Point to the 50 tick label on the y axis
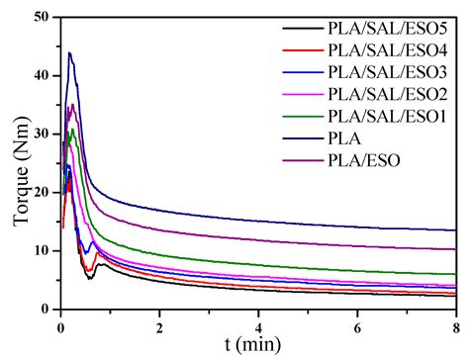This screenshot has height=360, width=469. tap(44, 17)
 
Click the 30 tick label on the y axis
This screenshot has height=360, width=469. tap(44, 134)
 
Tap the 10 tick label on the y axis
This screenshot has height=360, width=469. tap(44, 250)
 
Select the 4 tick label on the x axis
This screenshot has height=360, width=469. tap(258, 324)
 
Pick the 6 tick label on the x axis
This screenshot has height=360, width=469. tap(357, 324)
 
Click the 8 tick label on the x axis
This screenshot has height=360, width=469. tap(455, 324)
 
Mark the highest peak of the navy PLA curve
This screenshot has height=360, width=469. tap(69, 52)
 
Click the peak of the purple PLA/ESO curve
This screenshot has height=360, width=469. tap(71, 104)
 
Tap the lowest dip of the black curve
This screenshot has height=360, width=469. tap(90, 279)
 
